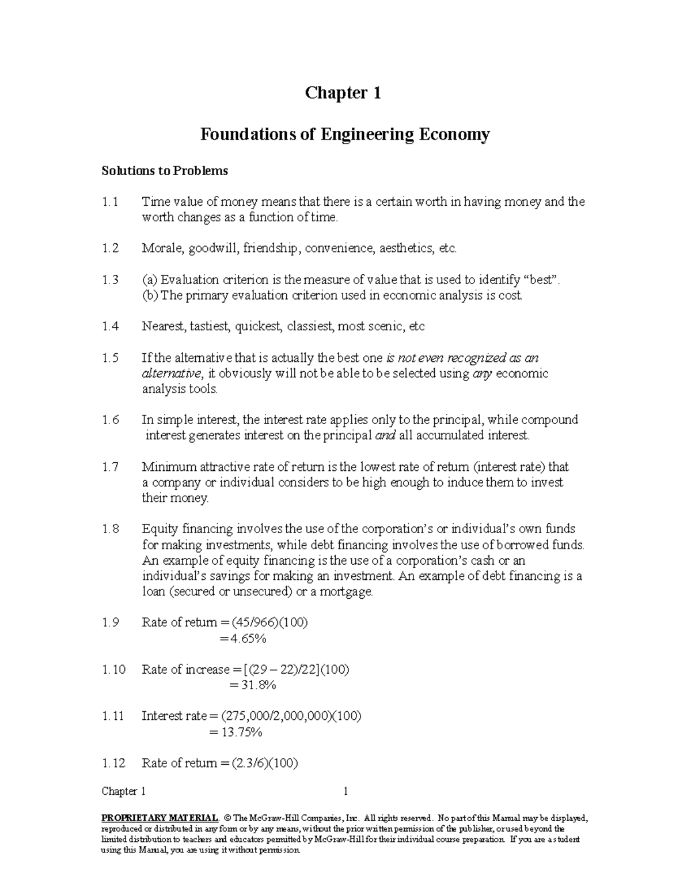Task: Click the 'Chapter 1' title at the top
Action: pyautogui.click(x=343, y=93)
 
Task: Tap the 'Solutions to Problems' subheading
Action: pyautogui.click(x=165, y=171)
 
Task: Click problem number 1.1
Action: pyautogui.click(x=110, y=202)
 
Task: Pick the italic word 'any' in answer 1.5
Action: pyautogui.click(x=482, y=373)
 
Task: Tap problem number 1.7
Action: pyautogui.click(x=110, y=467)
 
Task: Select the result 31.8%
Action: pyautogui.click(x=258, y=685)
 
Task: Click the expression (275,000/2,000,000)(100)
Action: pyautogui.click(x=291, y=716)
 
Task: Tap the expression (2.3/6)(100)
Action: pyautogui.click(x=264, y=764)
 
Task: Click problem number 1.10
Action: pyautogui.click(x=113, y=670)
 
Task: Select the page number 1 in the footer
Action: pyautogui.click(x=345, y=791)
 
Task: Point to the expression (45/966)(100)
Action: pyautogui.click(x=269, y=623)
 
